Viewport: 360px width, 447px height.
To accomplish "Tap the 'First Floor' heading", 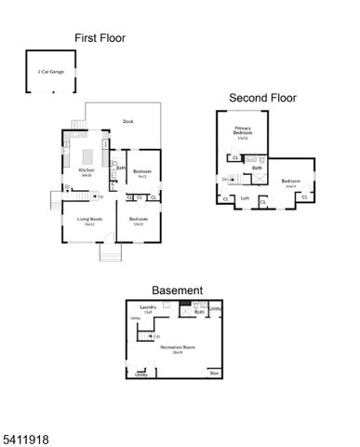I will [100, 38].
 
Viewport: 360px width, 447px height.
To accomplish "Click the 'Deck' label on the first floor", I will [127, 121].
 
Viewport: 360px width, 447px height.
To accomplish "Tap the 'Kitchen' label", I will [86, 170].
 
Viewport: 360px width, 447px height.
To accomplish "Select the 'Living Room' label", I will [89, 220].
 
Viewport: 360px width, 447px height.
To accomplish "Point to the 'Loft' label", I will [245, 197].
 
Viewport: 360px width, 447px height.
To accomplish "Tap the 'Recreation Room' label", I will [177, 347].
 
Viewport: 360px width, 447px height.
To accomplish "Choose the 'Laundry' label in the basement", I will [147, 307].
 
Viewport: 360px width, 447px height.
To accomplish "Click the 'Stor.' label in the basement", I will [214, 373].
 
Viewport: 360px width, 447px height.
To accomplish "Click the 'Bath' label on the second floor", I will [256, 168].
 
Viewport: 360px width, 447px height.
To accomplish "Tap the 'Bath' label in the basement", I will [199, 312].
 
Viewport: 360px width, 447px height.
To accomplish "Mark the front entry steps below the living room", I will [109, 253].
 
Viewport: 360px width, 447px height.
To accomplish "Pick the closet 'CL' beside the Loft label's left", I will [226, 198].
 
